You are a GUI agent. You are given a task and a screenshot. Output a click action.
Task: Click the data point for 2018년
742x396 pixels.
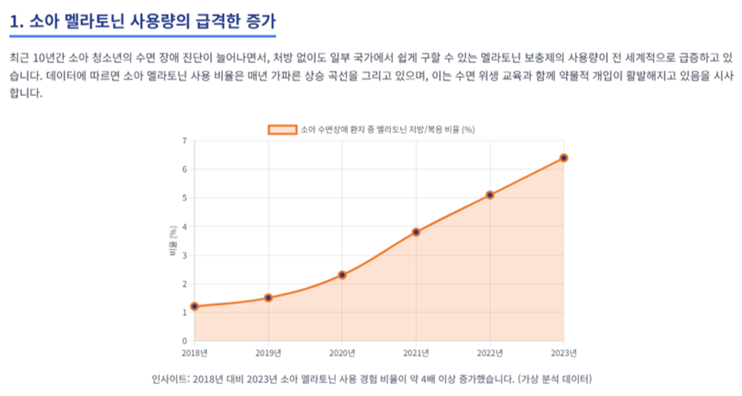pyautogui.click(x=195, y=306)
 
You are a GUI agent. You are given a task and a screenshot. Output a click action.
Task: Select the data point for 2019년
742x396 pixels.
pyautogui.click(x=269, y=298)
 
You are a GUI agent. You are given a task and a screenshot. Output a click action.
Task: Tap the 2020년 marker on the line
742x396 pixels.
pyautogui.click(x=342, y=275)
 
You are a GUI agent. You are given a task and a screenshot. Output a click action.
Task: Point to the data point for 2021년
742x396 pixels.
pyautogui.click(x=416, y=232)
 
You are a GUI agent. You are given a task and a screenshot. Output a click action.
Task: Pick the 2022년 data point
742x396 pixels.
pyautogui.click(x=490, y=195)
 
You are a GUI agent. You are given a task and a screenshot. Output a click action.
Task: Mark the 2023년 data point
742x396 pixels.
pyautogui.click(x=564, y=158)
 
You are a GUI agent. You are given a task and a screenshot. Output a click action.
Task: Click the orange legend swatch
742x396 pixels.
pyautogui.click(x=282, y=129)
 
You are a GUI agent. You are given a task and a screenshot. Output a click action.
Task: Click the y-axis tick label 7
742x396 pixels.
pyautogui.click(x=185, y=141)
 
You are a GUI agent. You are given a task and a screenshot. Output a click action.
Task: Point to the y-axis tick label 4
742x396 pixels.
pyautogui.click(x=185, y=227)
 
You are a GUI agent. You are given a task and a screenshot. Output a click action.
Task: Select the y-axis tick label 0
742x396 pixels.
pyautogui.click(x=185, y=340)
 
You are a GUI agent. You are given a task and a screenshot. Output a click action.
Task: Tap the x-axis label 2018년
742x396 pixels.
pyautogui.click(x=195, y=353)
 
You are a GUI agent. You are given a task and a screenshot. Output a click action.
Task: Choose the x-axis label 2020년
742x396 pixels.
pyautogui.click(x=342, y=353)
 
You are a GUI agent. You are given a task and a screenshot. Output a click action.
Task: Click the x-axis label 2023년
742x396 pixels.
pyautogui.click(x=564, y=353)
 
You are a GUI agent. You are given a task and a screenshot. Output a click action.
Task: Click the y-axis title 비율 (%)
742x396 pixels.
pyautogui.click(x=173, y=241)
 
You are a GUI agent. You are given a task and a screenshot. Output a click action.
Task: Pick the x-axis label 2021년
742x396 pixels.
pyautogui.click(x=416, y=353)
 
